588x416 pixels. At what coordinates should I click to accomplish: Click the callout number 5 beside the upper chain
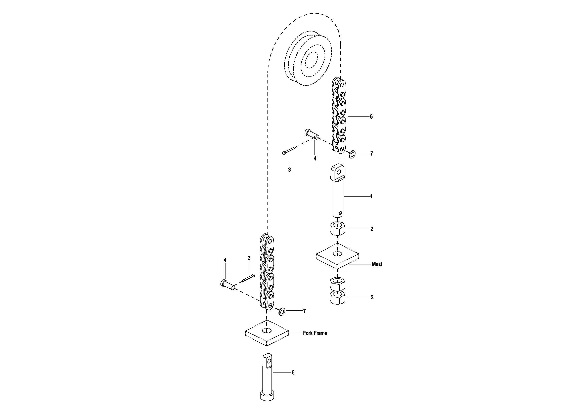(x=371, y=116)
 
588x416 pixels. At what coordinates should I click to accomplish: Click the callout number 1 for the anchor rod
(x=371, y=196)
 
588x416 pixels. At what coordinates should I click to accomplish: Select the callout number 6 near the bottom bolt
(x=293, y=372)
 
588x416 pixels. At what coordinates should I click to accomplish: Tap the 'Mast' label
(x=377, y=264)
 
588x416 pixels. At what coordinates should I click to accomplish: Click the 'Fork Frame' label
(x=315, y=333)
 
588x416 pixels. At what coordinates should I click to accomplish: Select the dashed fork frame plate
(x=267, y=333)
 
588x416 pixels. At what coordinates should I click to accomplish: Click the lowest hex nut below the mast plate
(x=338, y=298)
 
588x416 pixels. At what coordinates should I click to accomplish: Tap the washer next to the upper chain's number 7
(x=352, y=154)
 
